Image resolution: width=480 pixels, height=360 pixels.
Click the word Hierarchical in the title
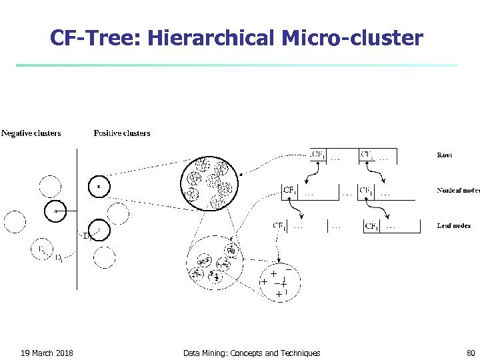pos(211,38)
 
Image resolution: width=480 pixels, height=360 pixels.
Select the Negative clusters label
pos(31,133)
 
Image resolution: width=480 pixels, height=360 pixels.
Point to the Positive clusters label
pos(122,133)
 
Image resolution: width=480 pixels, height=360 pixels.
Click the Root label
pos(445,155)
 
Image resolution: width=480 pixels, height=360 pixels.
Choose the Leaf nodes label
pos(453,225)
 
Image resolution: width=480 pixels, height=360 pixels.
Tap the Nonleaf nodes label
pos(458,190)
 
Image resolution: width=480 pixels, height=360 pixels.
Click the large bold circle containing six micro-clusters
pos(207,181)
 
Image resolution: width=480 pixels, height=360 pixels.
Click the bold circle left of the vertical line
pos(56,211)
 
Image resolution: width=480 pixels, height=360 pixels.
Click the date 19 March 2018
pos(47,353)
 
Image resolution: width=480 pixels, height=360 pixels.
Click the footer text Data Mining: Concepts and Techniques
pos(251,353)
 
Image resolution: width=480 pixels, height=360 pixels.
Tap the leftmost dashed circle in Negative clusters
pos(15,221)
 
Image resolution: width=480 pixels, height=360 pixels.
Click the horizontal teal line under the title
pos(237,65)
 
